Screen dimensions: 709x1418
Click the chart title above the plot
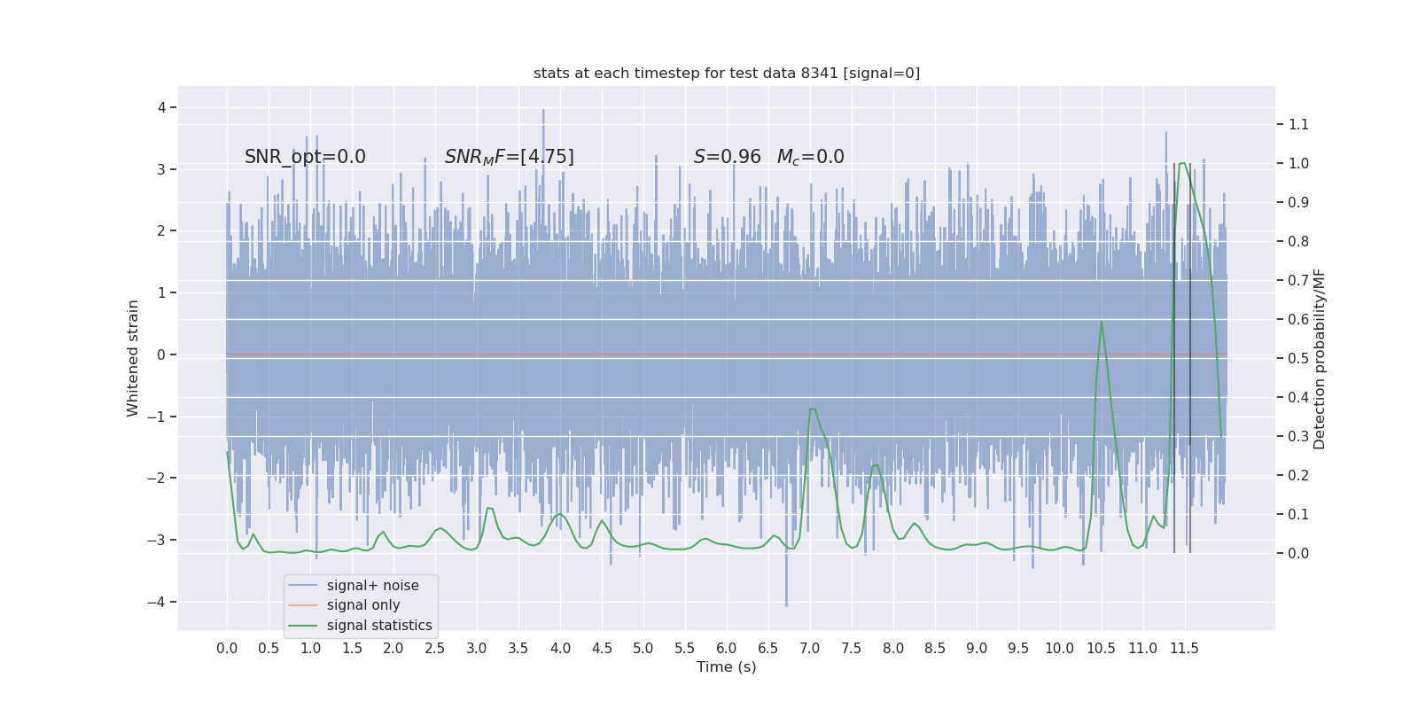(727, 74)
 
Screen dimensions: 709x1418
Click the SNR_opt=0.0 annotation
(305, 157)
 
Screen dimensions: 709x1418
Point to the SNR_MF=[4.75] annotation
(509, 157)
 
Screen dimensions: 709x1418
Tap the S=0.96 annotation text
(727, 157)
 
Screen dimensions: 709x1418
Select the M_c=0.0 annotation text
(810, 157)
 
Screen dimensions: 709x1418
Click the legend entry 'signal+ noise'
(372, 586)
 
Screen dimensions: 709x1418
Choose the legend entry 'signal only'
(363, 605)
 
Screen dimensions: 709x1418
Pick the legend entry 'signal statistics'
(379, 626)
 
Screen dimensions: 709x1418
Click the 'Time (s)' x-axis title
(727, 666)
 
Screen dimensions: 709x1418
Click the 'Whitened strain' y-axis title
(133, 358)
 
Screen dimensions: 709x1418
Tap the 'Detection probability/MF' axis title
(1320, 358)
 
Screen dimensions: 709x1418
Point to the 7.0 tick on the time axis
(810, 648)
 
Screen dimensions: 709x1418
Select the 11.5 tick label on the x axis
(1184, 648)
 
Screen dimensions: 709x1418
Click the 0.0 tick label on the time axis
(227, 648)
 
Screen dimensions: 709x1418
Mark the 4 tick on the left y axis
(161, 107)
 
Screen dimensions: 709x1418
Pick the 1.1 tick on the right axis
(1298, 124)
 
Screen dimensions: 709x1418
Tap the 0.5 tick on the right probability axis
(1298, 358)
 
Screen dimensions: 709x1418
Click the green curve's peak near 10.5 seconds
(1102, 322)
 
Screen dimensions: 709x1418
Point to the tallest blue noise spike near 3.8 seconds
(543, 111)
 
